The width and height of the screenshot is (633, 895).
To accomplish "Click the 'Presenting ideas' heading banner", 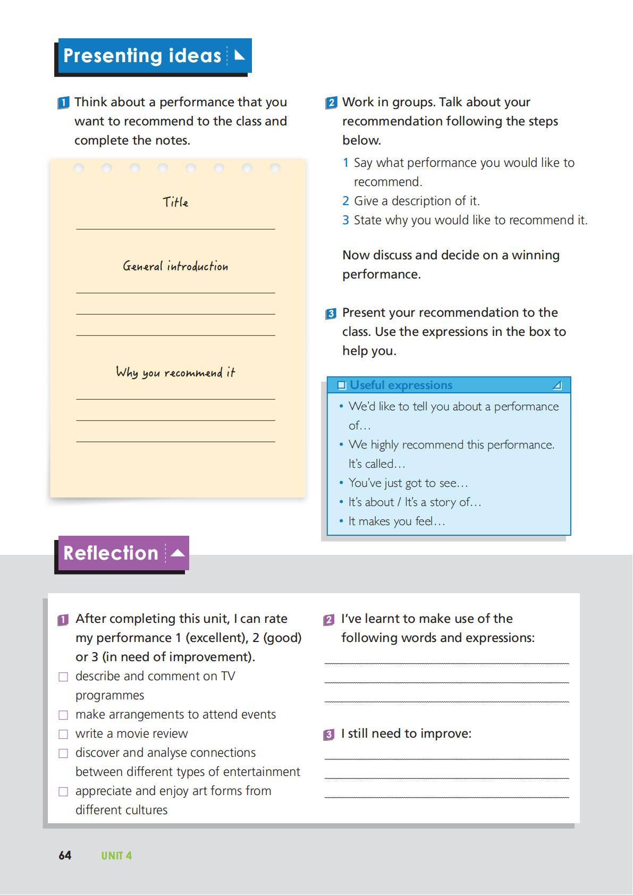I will (153, 56).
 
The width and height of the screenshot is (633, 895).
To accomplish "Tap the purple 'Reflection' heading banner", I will (123, 553).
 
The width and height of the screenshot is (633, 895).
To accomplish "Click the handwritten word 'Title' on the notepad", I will (175, 202).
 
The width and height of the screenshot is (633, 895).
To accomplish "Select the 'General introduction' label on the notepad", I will (175, 266).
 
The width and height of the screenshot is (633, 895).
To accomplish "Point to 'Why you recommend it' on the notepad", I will (175, 373).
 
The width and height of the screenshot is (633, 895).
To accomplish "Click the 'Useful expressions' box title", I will (401, 385).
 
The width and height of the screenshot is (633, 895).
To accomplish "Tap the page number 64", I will (65, 855).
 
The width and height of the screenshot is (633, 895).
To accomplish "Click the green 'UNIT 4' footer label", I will (116, 856).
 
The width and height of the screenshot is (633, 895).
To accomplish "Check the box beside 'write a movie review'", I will (63, 734).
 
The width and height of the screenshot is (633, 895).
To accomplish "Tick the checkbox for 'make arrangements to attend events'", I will (63, 715).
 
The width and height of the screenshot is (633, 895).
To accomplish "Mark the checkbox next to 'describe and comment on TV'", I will (63, 677).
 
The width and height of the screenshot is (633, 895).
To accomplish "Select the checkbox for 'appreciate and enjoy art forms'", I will (63, 792).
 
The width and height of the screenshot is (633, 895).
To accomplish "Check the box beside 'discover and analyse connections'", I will (63, 754).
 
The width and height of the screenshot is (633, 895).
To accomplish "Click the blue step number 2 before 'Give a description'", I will (345, 201).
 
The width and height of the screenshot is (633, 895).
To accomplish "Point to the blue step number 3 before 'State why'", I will (345, 221).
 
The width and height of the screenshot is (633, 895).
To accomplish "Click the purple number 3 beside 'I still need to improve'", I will (329, 734).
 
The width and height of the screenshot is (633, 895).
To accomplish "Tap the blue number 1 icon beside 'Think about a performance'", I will (63, 103).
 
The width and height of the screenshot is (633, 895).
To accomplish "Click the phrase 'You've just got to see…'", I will (408, 483).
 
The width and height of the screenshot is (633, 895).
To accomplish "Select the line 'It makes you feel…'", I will (396, 521).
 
